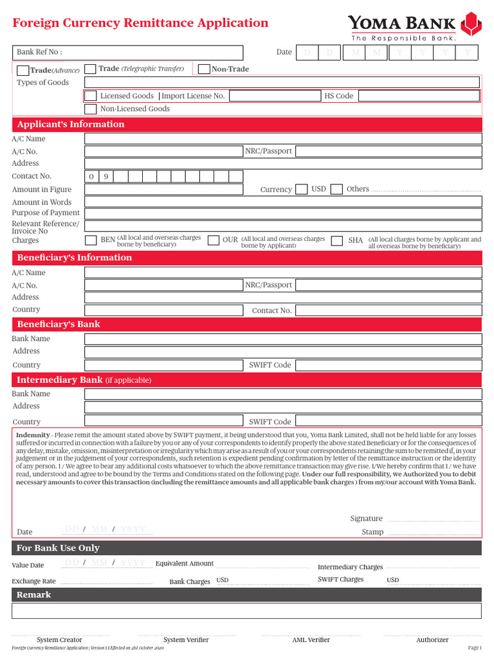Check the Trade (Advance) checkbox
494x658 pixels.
(x=23, y=70)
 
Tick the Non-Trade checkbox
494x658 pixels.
(x=204, y=69)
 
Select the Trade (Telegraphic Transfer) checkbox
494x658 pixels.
(x=91, y=69)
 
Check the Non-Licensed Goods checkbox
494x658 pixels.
(x=91, y=109)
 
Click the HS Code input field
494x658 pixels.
(x=419, y=96)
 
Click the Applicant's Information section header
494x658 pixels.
(x=71, y=125)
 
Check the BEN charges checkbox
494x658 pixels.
(x=91, y=240)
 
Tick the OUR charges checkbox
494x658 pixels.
(x=214, y=240)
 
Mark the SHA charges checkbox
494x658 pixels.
(x=336, y=240)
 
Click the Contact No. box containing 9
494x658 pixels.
(x=106, y=176)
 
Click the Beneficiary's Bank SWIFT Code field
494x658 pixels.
(x=388, y=365)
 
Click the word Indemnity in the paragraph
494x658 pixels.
(x=32, y=435)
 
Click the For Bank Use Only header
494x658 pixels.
(x=58, y=548)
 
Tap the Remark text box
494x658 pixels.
(x=246, y=610)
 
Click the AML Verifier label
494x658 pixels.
(x=311, y=640)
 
